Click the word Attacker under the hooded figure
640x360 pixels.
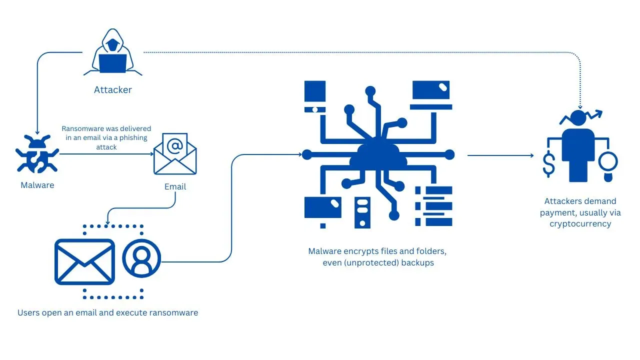[x=113, y=90]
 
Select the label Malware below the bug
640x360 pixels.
[x=37, y=185]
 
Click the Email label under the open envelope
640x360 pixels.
[x=175, y=186]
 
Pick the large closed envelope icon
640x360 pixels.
[x=84, y=261]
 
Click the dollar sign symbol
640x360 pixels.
[x=549, y=164]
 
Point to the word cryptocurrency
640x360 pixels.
[x=580, y=223]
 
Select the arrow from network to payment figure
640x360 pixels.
[x=500, y=155]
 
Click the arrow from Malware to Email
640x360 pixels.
[x=105, y=154]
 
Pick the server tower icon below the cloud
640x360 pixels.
[x=362, y=212]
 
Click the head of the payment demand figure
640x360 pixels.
[x=578, y=118]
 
